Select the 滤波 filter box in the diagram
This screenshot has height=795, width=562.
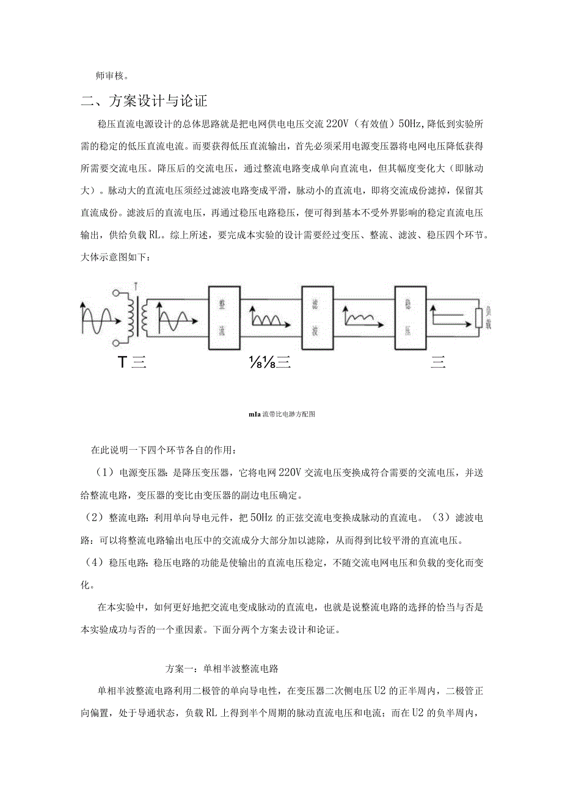click(x=314, y=318)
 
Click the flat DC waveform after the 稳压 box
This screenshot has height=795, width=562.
click(x=451, y=315)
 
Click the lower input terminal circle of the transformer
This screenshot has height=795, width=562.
click(x=117, y=343)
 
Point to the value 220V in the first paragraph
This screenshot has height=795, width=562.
click(x=337, y=123)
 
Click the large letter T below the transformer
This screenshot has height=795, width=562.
click(x=122, y=362)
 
